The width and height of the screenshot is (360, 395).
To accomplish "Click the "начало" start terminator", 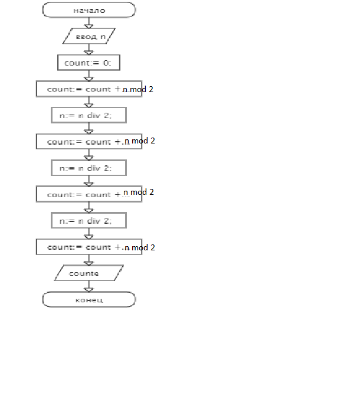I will pos(89,10).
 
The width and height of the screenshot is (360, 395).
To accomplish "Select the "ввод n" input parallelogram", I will pos(89,36).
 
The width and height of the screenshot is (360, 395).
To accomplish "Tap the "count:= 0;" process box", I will pos(89,63).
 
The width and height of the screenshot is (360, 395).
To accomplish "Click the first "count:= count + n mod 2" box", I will pos(89,89).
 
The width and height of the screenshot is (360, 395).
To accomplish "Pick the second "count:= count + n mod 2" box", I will pos(89,142).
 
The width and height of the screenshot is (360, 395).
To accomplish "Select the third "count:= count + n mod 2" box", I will pos(89,194).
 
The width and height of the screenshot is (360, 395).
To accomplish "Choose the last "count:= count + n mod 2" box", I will pos(89,247).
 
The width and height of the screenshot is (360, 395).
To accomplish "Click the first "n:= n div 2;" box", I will pos(89,115).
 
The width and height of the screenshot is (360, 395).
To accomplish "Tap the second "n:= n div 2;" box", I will pos(89,168).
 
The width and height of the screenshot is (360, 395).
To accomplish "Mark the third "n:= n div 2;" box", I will pos(89,220).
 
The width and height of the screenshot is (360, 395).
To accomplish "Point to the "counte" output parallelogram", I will pos(89,273).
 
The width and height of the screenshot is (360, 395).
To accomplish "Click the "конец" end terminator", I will pos(89,299).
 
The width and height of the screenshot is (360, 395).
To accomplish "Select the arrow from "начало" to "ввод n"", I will pos(89,23).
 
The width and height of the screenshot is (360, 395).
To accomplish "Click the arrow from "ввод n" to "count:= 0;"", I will pos(89,50).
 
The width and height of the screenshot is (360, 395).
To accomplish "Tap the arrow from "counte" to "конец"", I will pos(89,287).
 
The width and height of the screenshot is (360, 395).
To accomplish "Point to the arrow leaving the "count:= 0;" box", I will pos(89,76).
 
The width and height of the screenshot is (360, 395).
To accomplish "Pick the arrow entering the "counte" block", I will pos(89,260).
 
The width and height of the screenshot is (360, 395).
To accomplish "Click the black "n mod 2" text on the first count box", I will pos(139,89).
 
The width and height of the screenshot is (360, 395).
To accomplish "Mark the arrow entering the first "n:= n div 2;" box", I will pos(89,102).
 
